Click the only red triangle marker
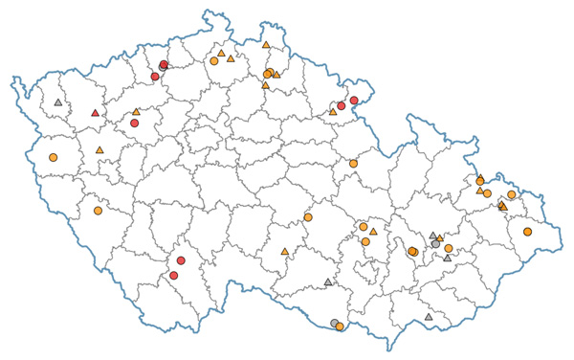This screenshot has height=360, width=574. (x=95, y=113)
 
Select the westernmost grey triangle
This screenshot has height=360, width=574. (x=58, y=101)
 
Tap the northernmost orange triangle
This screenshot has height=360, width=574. (x=266, y=44)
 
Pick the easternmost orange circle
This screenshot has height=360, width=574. (x=527, y=232)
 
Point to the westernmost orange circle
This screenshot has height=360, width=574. (x=53, y=157)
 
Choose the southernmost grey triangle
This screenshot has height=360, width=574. (x=429, y=317)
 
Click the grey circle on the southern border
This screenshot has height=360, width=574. (x=334, y=323)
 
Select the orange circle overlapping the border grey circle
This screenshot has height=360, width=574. (x=340, y=326)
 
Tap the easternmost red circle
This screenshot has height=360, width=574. (x=354, y=101)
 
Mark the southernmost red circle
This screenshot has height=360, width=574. (x=173, y=276)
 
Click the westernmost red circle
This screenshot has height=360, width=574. (x=135, y=123)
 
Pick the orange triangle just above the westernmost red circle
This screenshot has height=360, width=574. (x=136, y=112)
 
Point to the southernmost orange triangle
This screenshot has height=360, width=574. (x=285, y=252)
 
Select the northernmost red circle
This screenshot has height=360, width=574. (x=164, y=65)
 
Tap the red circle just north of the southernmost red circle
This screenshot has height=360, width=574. (x=181, y=260)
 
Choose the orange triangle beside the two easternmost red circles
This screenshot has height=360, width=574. (x=333, y=111)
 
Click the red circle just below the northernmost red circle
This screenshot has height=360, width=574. (x=155, y=77)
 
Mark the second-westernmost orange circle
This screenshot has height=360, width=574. (x=98, y=211)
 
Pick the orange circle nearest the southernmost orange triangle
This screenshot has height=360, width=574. (x=308, y=217)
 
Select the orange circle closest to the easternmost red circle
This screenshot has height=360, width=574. (x=353, y=164)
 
